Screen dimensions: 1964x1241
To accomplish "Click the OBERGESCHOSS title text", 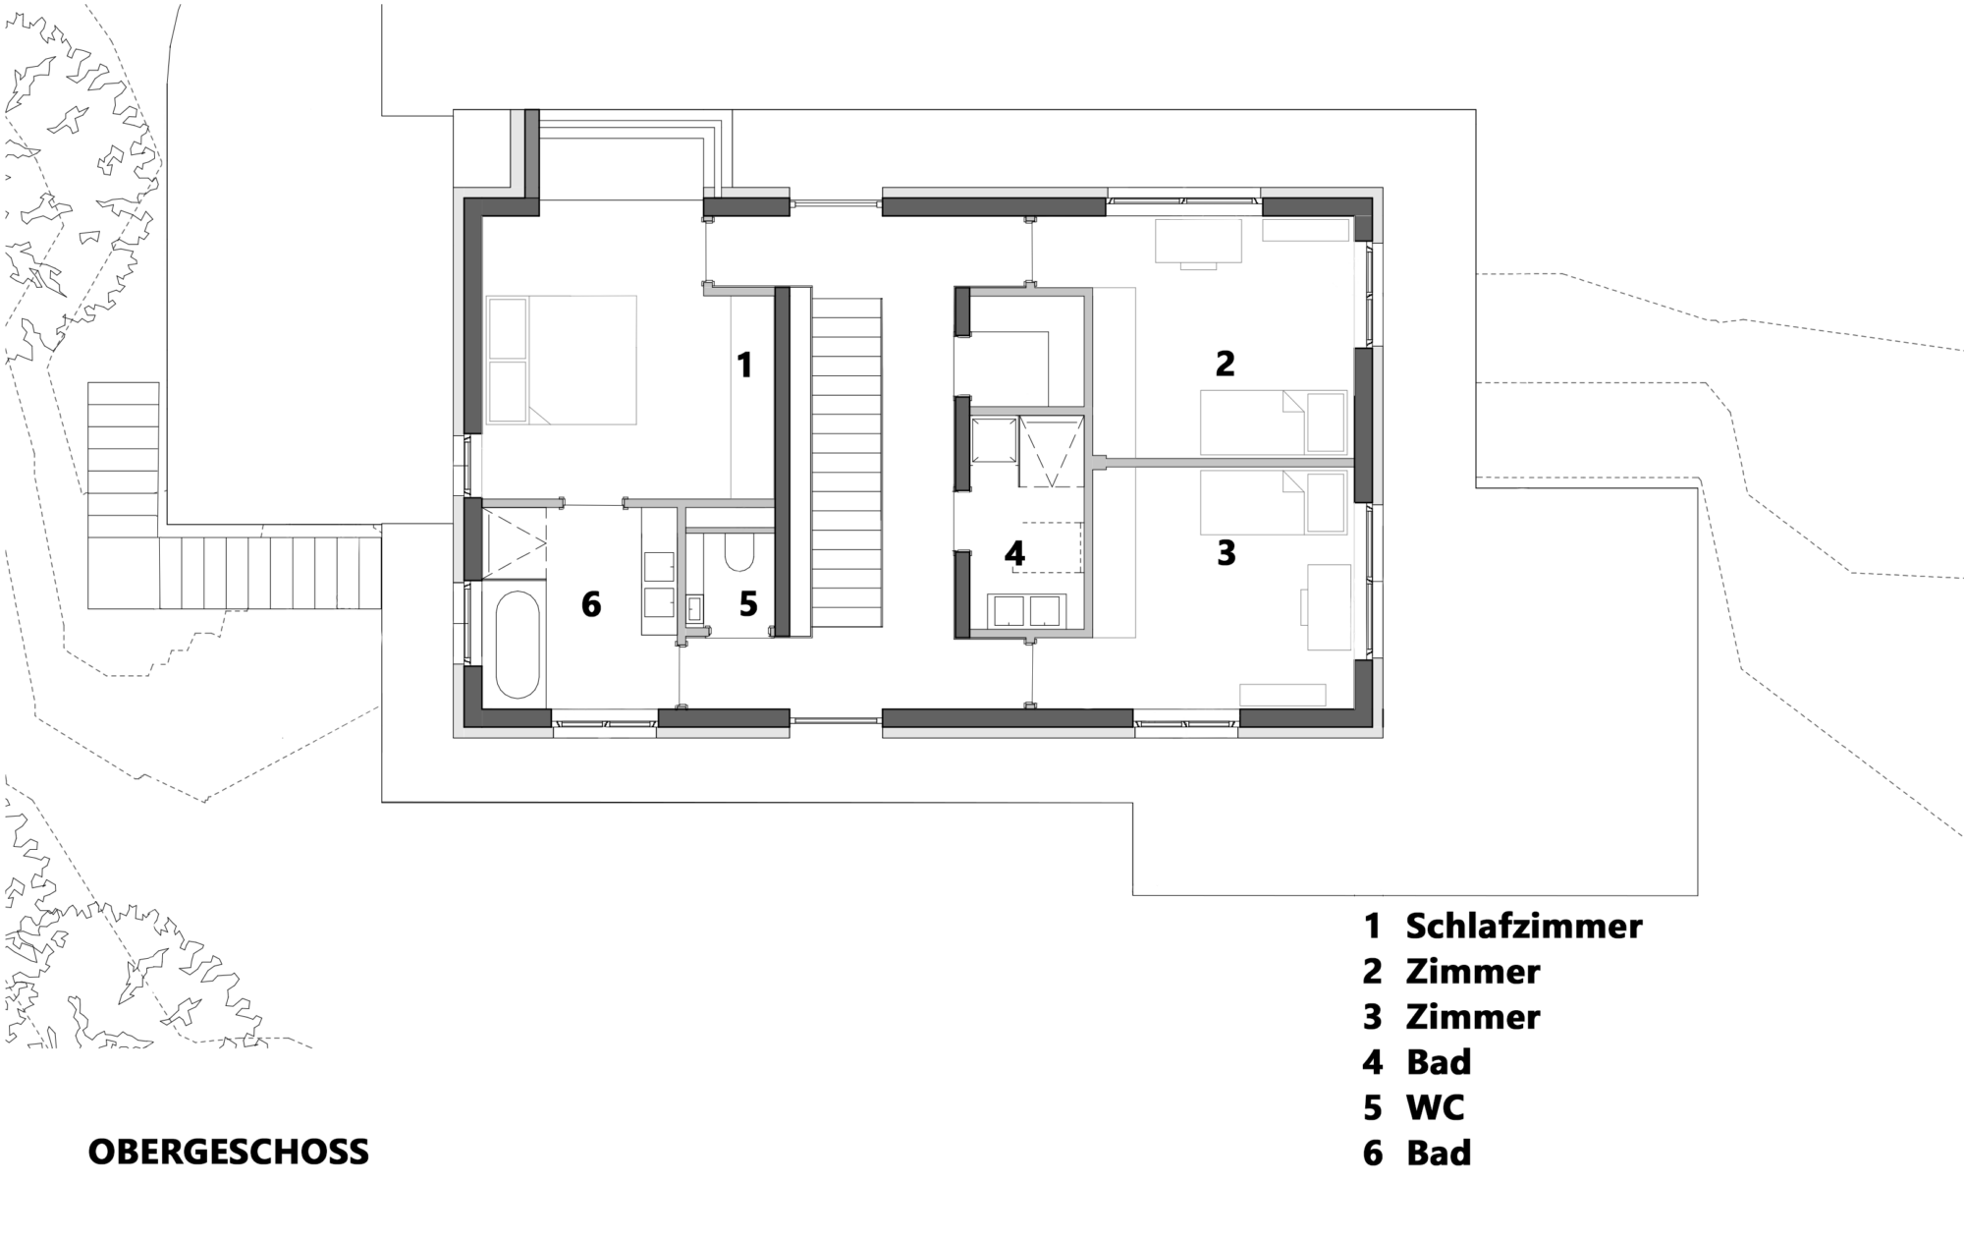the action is pos(229,1152).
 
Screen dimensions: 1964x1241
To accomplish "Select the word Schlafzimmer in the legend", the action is pos(1524,926).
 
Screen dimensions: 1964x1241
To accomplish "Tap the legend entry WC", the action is pos(1435,1107).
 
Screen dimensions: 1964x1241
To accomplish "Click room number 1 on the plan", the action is pos(744,366).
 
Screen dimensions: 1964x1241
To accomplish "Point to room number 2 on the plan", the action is pos(1225,364).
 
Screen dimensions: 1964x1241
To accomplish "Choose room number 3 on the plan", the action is pos(1226,553).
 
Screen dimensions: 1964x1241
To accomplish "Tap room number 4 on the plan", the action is pos(1014,554).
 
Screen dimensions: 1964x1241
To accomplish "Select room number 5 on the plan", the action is pos(748,603).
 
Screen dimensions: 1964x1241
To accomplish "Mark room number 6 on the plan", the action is pos(590,603).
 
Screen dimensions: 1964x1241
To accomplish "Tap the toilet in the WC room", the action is pos(737,551).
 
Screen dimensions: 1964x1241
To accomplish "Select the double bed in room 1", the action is pos(561,360).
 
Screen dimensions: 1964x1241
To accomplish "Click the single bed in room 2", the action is pos(1274,422).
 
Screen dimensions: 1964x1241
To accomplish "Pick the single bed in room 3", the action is pos(1274,502).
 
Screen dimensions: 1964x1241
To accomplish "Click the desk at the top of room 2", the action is pos(1198,241).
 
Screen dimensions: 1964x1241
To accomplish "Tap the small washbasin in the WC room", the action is pos(695,609).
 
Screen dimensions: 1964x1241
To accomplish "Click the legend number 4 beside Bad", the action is pos(1372,1062).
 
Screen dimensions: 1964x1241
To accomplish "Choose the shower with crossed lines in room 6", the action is pos(514,543).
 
